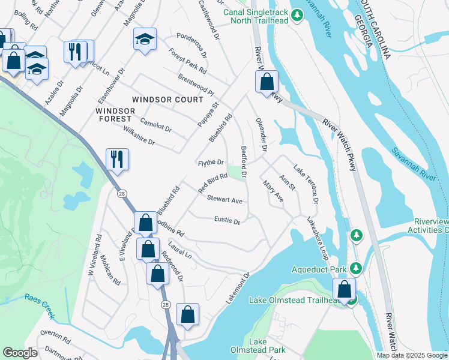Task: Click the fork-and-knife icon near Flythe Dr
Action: [x=115, y=160]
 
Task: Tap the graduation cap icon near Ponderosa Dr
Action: [x=145, y=40]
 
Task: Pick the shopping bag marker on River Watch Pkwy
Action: [x=267, y=81]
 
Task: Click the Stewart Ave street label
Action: [x=224, y=199]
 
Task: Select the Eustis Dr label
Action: [x=227, y=221]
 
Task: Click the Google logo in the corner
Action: [x=20, y=353]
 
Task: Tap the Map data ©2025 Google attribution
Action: [x=412, y=355]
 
